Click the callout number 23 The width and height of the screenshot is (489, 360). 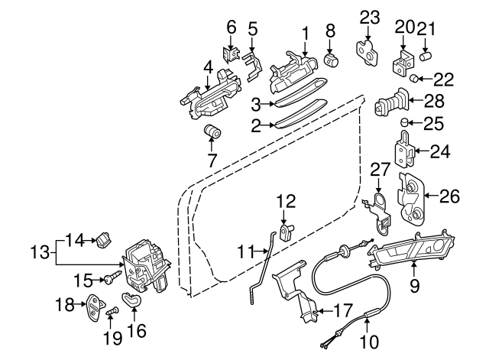click(369, 15)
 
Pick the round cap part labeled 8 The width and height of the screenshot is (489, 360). click(332, 58)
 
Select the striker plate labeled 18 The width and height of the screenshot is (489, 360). click(94, 306)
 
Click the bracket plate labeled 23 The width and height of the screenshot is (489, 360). click(368, 48)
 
